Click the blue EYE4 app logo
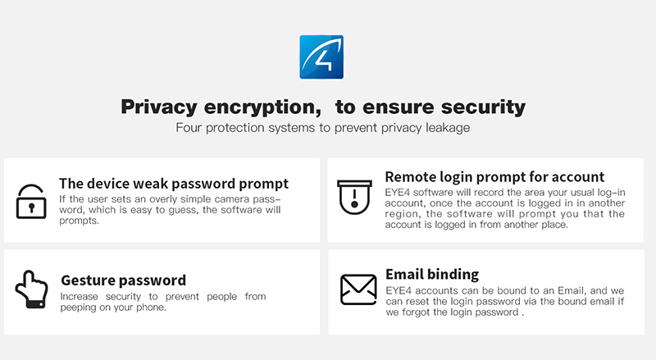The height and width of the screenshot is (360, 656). pos(321,57)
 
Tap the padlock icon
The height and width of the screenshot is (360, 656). pos(31,202)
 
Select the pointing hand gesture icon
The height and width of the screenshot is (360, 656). pos(31,289)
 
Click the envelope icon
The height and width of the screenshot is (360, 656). pos(358,289)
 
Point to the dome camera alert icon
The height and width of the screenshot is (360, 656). pos(354,197)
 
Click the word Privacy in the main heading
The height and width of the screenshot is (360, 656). pos(159,107)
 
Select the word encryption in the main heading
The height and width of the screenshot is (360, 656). pos(262,107)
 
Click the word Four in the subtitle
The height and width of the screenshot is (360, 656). pos(189,128)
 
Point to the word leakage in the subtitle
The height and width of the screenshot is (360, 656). pos(448,128)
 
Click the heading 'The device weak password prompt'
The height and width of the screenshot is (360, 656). pos(174,184)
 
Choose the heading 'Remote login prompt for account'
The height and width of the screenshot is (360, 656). pos(494,176)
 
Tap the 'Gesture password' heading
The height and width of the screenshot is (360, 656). pos(124,280)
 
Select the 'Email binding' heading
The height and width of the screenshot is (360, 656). pos(432,274)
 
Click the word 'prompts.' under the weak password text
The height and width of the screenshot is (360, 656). pos(79,221)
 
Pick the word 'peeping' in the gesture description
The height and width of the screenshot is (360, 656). pos(77,308)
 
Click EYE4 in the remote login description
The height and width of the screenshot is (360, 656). pos(398,193)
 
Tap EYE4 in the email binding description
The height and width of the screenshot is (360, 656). pos(399,290)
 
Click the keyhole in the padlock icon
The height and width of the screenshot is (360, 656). pos(31,207)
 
